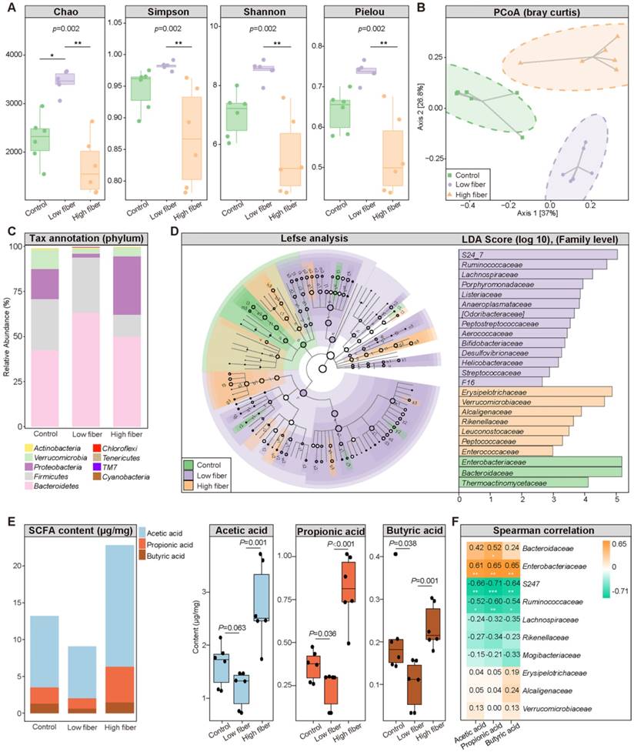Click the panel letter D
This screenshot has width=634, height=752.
point(175,230)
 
